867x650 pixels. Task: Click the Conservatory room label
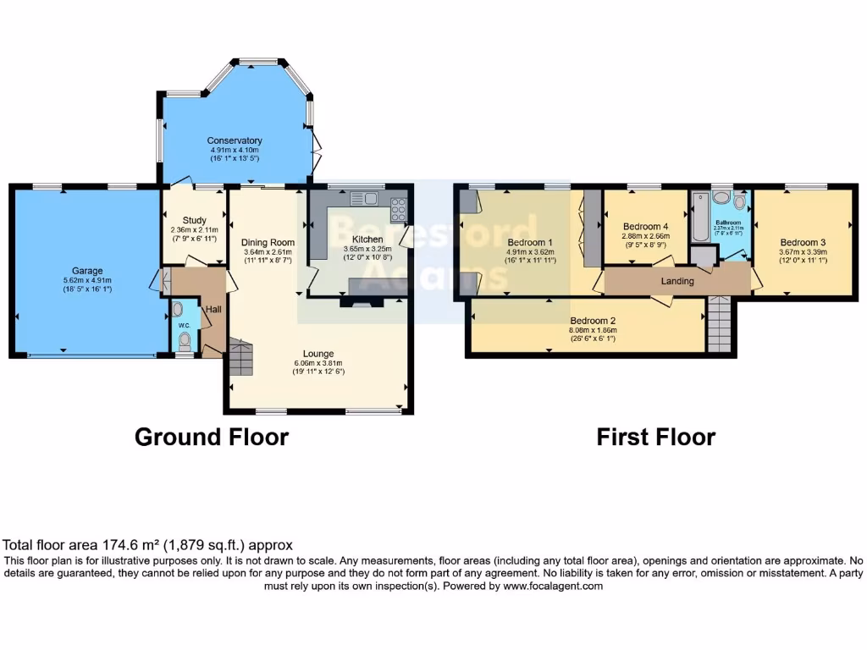point(235,140)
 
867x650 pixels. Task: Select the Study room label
point(194,220)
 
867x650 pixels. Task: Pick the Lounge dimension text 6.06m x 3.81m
point(318,362)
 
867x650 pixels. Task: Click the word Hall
point(213,311)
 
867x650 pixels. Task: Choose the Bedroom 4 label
point(646,227)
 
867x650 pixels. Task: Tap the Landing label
point(677,281)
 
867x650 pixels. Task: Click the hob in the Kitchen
point(398,205)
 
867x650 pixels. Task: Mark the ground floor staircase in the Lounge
point(240,357)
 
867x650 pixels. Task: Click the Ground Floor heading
point(212,437)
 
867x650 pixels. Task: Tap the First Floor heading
point(655,437)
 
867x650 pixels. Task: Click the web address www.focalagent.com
point(552,586)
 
